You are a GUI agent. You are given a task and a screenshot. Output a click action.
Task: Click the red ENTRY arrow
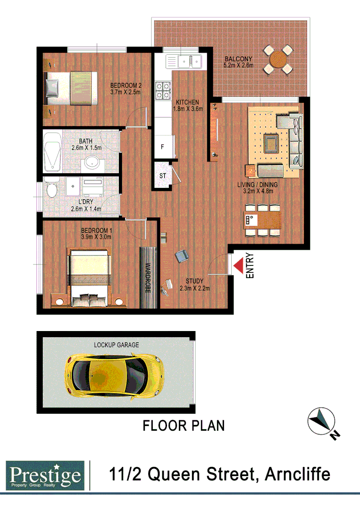[239, 265]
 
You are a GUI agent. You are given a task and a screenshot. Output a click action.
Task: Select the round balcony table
[278, 59]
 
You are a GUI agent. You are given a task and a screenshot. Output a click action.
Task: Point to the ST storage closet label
[163, 176]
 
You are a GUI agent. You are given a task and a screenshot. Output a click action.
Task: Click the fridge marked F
[162, 147]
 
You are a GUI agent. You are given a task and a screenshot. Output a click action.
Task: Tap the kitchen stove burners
[163, 91]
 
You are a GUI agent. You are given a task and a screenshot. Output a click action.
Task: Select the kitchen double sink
[190, 61]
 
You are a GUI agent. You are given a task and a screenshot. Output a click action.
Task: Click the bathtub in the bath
[52, 152]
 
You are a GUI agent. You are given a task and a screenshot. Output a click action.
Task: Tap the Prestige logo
[45, 475]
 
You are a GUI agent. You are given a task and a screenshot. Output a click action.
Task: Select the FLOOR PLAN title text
[184, 425]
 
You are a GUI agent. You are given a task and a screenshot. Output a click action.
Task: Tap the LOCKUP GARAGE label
[116, 345]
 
